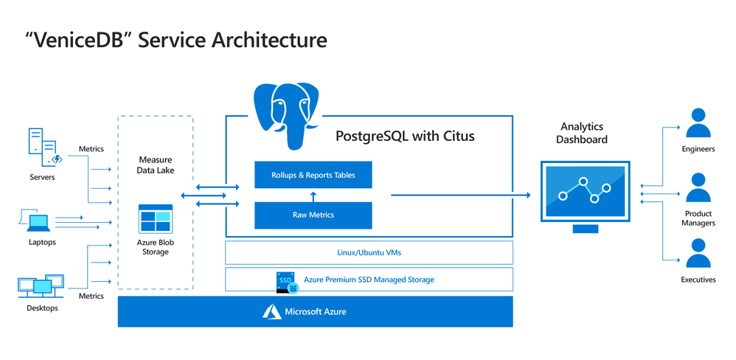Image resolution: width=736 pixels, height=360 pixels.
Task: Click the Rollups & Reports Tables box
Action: pyautogui.click(x=313, y=175)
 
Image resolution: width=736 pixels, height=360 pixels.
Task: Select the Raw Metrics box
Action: pyautogui.click(x=313, y=215)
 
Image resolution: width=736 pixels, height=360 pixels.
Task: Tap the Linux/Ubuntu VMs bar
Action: pyautogui.click(x=369, y=252)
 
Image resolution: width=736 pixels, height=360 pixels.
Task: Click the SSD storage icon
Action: pyautogui.click(x=285, y=280)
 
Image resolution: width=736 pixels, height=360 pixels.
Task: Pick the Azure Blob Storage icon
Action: pyautogui.click(x=155, y=219)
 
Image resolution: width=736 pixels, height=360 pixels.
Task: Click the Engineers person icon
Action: pyautogui.click(x=698, y=124)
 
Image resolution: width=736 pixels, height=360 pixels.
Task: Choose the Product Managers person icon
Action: pyautogui.click(x=698, y=188)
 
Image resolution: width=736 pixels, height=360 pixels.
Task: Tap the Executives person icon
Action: pyautogui.click(x=698, y=252)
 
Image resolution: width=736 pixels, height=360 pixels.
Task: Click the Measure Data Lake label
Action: pyautogui.click(x=155, y=165)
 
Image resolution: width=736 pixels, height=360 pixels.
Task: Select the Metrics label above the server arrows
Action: pyautogui.click(x=91, y=149)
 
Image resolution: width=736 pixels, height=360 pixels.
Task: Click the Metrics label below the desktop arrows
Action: pyautogui.click(x=91, y=296)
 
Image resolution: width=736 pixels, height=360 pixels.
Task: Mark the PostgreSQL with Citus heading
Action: pyautogui.click(x=405, y=136)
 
